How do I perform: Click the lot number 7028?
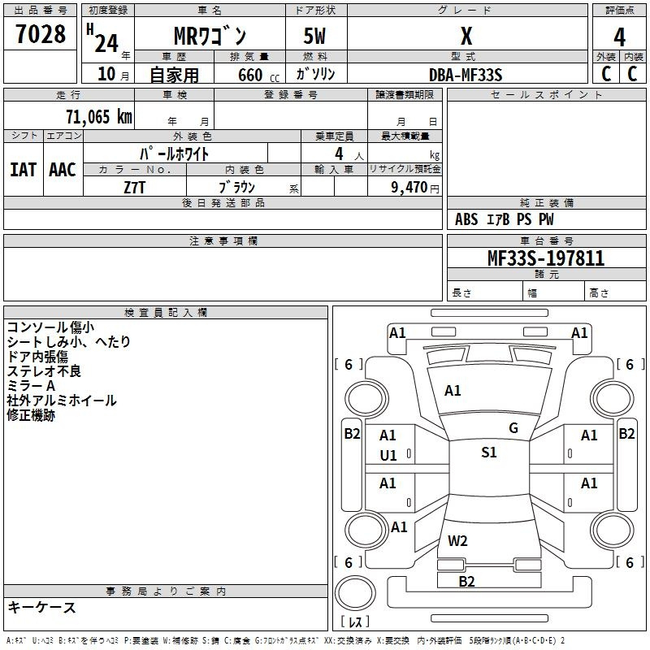[41, 34]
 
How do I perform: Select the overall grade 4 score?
[619, 37]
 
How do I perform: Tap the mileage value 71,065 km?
[99, 117]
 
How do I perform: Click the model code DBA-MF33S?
[466, 75]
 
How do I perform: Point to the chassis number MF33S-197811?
[546, 258]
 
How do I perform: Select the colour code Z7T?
[134, 188]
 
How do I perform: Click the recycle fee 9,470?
[409, 188]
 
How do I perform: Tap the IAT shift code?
[24, 170]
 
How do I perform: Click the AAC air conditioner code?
[63, 170]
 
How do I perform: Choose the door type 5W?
[314, 36]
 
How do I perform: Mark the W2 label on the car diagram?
[457, 541]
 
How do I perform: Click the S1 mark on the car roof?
[489, 453]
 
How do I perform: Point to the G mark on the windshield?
[513, 428]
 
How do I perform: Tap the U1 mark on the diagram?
[388, 456]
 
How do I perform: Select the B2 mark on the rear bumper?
[466, 582]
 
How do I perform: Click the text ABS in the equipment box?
[466, 219]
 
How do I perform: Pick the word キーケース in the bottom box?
[42, 607]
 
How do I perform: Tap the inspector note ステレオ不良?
[44, 371]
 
